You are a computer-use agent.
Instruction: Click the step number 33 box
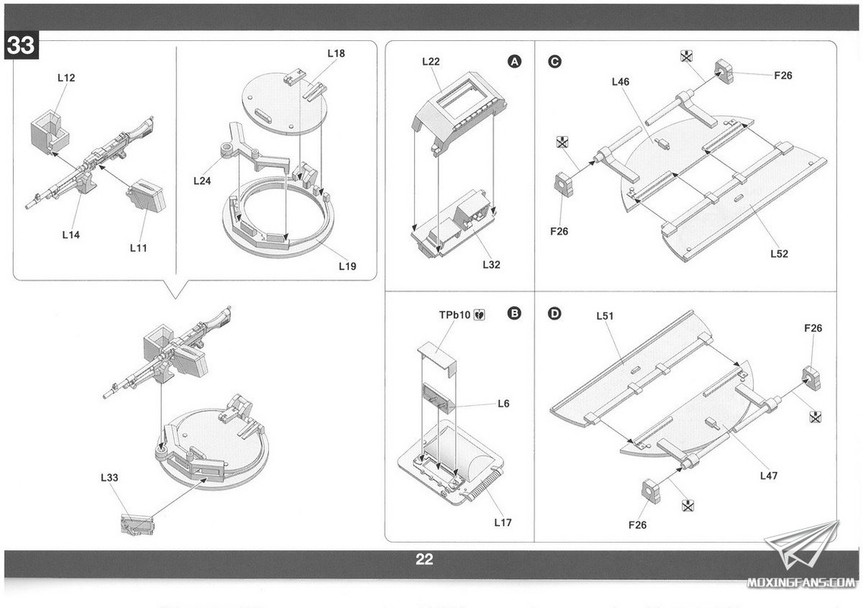21,45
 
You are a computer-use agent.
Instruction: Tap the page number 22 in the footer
424,559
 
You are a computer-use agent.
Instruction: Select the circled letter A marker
514,61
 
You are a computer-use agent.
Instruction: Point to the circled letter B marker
514,313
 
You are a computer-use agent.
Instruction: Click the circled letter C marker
555,61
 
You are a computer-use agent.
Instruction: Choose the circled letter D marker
555,313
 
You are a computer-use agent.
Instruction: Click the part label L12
66,78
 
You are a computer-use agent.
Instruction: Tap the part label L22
431,62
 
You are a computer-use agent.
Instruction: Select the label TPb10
454,315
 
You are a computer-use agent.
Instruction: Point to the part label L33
109,477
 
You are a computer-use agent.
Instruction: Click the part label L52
779,254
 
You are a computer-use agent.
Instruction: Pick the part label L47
769,476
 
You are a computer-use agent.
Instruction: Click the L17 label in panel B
503,523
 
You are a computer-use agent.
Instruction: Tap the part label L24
202,181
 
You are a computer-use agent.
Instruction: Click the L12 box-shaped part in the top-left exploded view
49,131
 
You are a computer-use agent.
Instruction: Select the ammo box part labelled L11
147,196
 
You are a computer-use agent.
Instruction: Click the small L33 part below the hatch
138,524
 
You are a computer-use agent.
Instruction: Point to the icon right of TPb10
479,315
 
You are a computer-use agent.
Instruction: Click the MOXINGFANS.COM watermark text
801,583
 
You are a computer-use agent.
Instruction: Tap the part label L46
620,81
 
